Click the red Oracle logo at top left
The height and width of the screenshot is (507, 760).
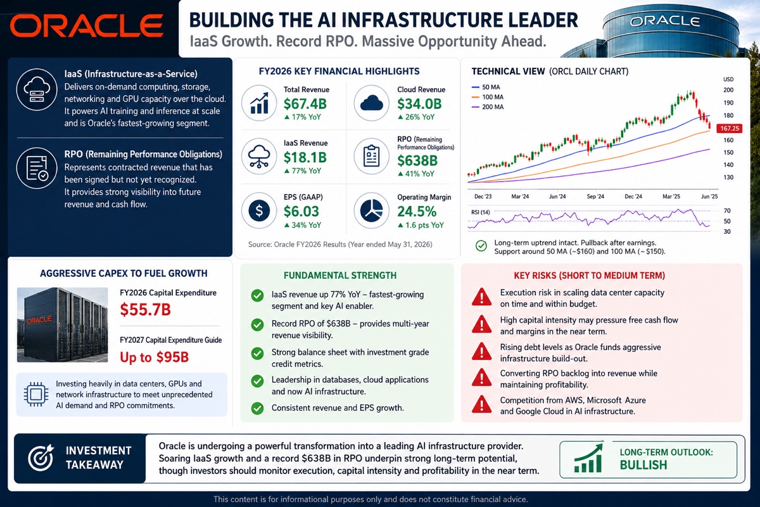pos(87,25)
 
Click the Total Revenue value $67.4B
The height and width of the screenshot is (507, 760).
pos(305,103)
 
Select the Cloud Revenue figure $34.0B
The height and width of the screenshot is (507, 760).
pos(419,103)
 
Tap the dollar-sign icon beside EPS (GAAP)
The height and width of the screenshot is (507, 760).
pos(259,210)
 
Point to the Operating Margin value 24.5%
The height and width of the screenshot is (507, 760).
pos(417,211)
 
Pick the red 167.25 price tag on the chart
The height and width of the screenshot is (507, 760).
pos(730,129)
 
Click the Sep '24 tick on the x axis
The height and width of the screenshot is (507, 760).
pos(595,196)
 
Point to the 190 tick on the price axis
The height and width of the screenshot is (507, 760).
pos(728,103)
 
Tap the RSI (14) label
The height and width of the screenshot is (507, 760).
pos(481,212)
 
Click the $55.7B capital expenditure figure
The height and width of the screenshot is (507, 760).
pos(145,309)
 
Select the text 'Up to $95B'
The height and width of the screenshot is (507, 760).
pos(154,357)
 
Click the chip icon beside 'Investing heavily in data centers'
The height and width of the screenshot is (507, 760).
pos(36,394)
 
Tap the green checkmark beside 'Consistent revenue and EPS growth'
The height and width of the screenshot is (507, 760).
pos(257,408)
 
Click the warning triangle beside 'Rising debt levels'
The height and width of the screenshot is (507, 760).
pos(481,352)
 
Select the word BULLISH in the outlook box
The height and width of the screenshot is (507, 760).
pos(643,465)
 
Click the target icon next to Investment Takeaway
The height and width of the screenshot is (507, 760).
pos(41,458)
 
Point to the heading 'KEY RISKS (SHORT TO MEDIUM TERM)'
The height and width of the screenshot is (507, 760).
pos(590,276)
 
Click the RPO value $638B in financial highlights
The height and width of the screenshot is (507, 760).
pos(417,160)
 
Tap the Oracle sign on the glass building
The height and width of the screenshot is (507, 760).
pos(664,22)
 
